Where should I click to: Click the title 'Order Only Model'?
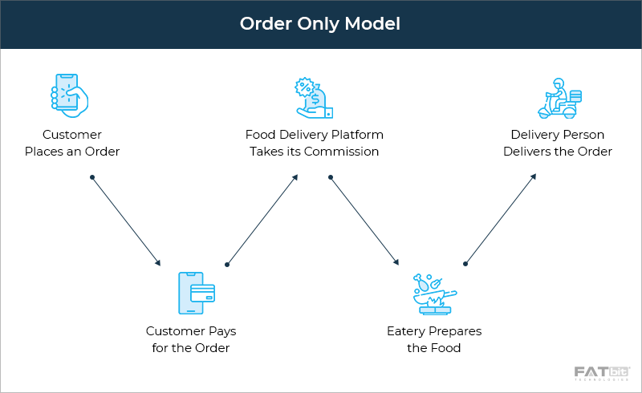pyautogui.click(x=320, y=24)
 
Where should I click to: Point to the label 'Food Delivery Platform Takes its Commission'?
pyautogui.click(x=314, y=143)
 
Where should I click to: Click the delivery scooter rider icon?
pyautogui.click(x=560, y=99)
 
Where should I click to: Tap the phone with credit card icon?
pyautogui.click(x=196, y=293)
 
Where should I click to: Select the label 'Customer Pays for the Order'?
pyautogui.click(x=191, y=339)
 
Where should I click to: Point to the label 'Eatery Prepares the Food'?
pyautogui.click(x=433, y=339)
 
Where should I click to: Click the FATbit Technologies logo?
pyautogui.click(x=602, y=374)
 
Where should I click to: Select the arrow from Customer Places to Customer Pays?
pyautogui.click(x=126, y=220)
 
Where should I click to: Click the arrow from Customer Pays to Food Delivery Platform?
pyautogui.click(x=262, y=219)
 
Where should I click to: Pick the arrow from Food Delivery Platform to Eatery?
pyautogui.click(x=364, y=220)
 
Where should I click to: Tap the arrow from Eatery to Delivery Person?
pyautogui.click(x=501, y=219)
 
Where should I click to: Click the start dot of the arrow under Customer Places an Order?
pyautogui.click(x=92, y=176)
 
